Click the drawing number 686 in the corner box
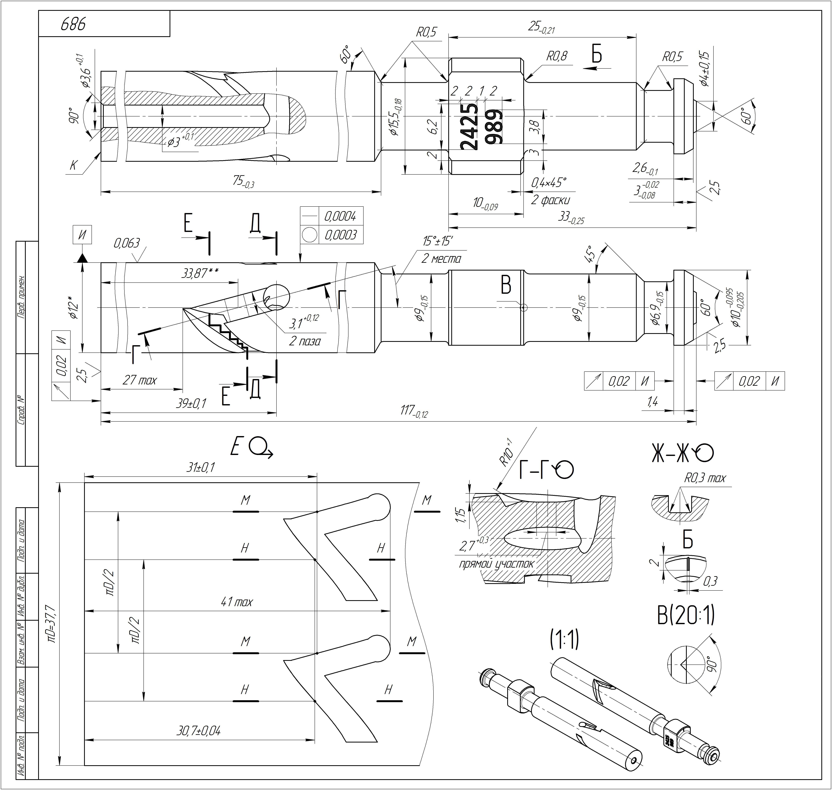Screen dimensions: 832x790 pyautogui.click(x=73, y=24)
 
